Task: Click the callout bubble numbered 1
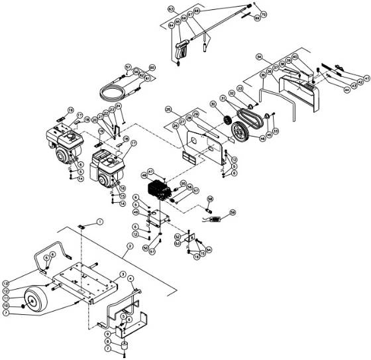coord(100,221)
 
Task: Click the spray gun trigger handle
coord(180,50)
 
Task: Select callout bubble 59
coord(233,213)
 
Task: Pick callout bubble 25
coord(168,109)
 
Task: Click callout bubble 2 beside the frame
coord(130,246)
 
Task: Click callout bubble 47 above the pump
coord(150,170)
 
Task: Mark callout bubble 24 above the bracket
coord(119,106)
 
